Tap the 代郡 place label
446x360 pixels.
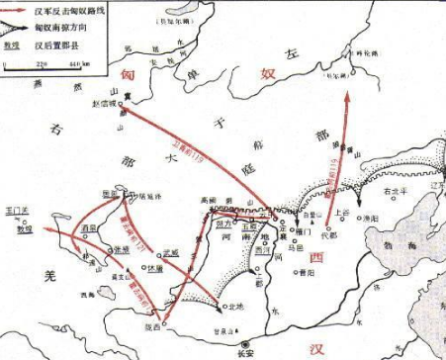pos(330,235)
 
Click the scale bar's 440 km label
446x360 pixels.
pos(72,65)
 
